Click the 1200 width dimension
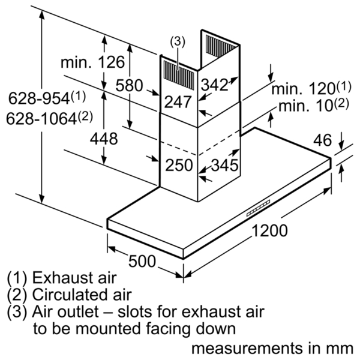[x=269, y=230]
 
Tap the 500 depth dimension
[x=142, y=261]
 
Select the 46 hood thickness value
[x=323, y=140]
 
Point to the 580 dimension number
[x=129, y=85]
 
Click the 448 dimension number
[x=104, y=139]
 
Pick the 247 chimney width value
[x=178, y=102]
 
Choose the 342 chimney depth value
[x=214, y=84]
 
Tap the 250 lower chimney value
[x=179, y=165]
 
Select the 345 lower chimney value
[x=224, y=165]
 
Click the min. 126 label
[x=93, y=62]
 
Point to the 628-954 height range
[x=47, y=98]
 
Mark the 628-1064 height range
[x=49, y=118]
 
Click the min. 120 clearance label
[x=311, y=88]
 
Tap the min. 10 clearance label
[x=314, y=105]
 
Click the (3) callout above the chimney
[x=177, y=42]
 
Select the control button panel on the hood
[x=258, y=208]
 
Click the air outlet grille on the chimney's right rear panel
[x=220, y=46]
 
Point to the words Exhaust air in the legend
[x=74, y=278]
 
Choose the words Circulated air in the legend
[x=82, y=295]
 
